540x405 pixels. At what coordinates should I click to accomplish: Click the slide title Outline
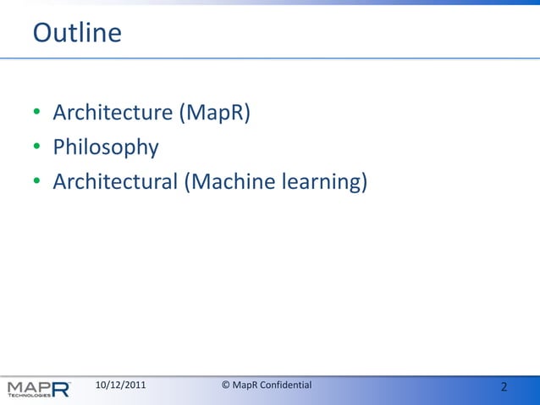[x=77, y=33]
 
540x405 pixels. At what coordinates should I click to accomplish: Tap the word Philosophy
[x=106, y=147]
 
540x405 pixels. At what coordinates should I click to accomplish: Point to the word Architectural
[x=115, y=181]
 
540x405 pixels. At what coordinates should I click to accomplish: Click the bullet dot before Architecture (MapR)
[x=37, y=114]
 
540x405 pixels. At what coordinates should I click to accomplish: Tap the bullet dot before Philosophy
[x=37, y=148]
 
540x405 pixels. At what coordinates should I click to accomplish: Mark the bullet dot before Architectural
[x=37, y=182]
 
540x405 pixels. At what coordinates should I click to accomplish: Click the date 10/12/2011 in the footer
[x=120, y=386]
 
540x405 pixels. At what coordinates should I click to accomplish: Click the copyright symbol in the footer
[x=226, y=386]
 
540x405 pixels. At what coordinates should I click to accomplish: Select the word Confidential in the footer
[x=286, y=386]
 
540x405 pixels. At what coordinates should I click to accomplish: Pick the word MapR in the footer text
[x=245, y=386]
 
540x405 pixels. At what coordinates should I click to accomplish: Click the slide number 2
[x=504, y=387]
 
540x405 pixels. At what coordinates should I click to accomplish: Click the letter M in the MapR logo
[x=15, y=387]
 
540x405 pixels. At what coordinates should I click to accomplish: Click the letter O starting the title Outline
[x=41, y=33]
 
